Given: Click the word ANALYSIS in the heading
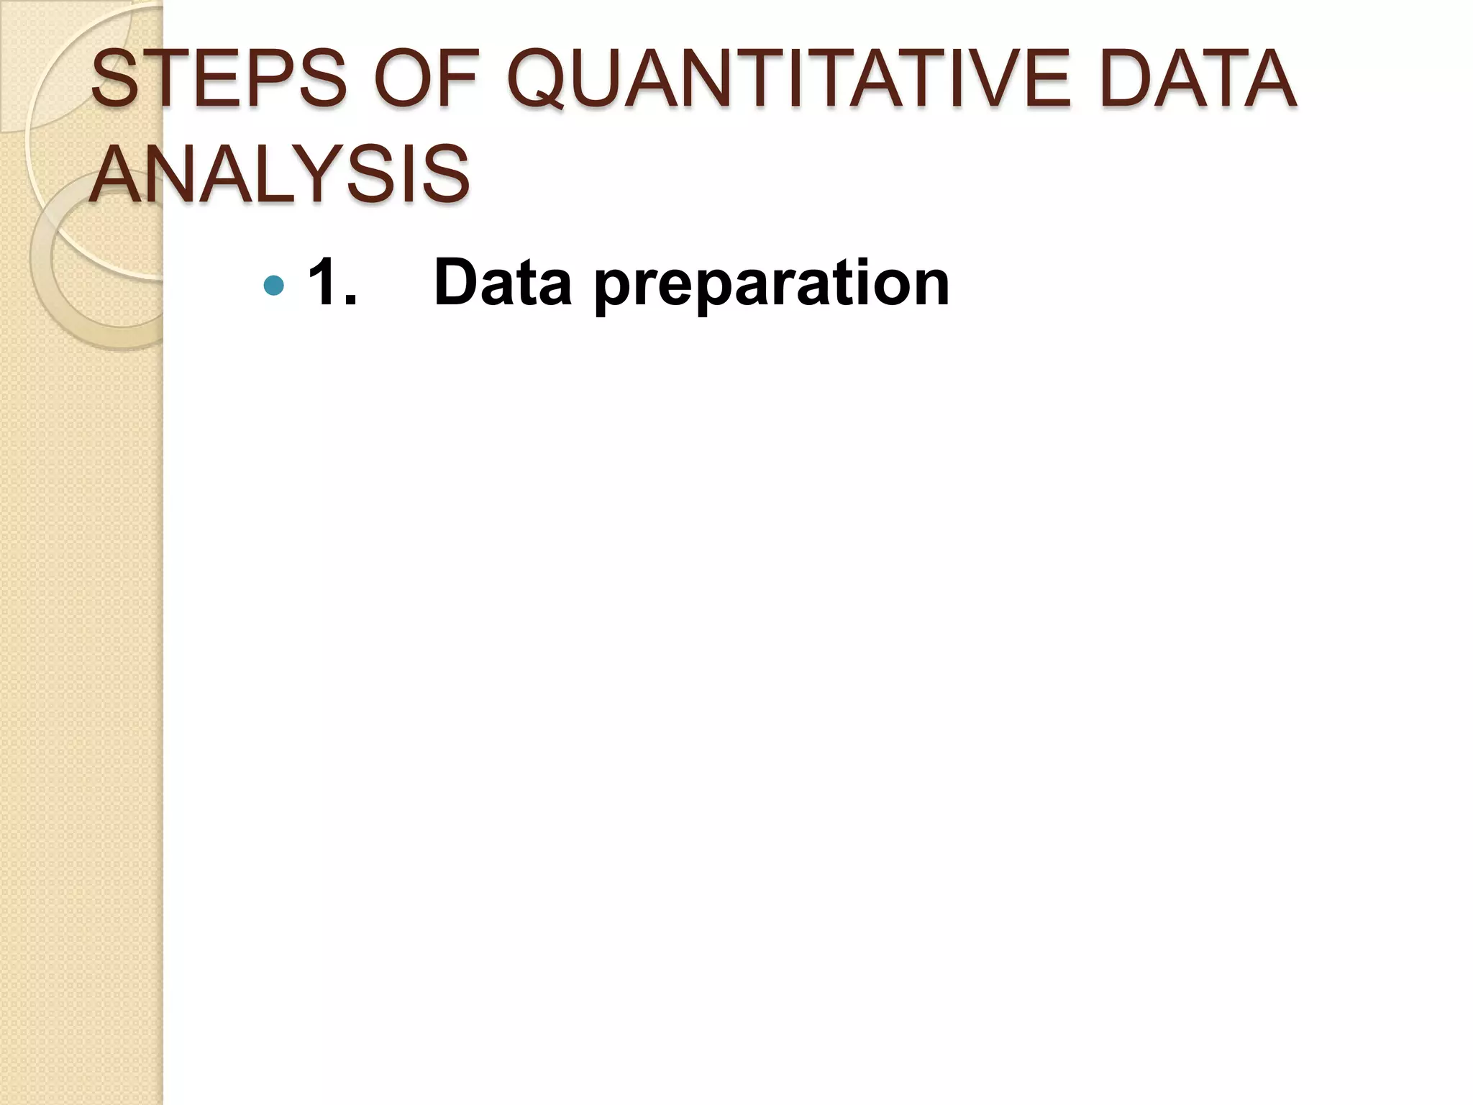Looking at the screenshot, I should point(281,174).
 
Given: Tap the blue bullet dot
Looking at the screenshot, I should point(274,286).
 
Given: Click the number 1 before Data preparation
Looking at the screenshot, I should point(323,283).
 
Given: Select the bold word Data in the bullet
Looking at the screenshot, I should point(503,283).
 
